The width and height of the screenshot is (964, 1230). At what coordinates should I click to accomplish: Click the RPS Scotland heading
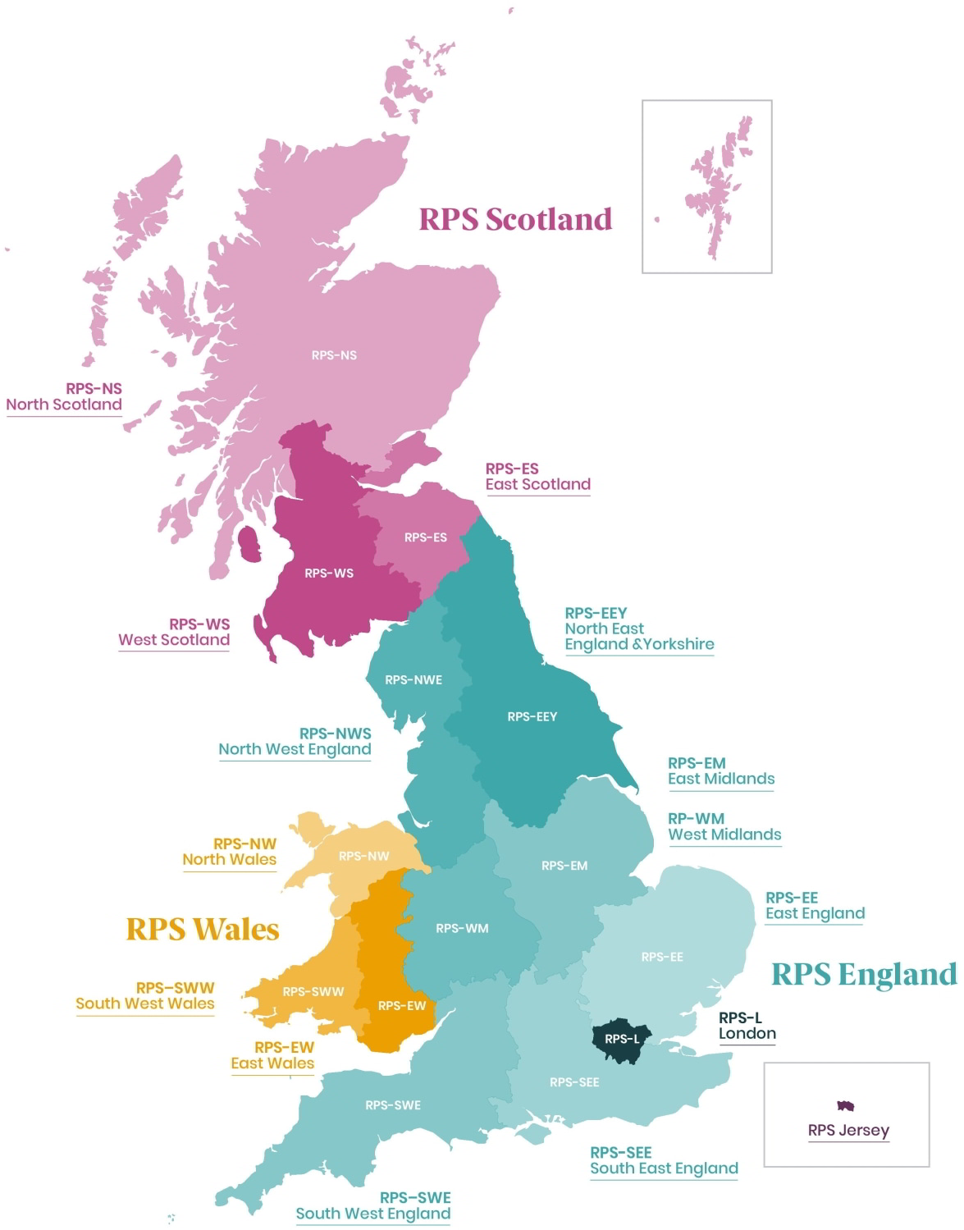pos(515,219)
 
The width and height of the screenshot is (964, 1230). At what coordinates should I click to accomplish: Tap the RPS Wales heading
pos(203,929)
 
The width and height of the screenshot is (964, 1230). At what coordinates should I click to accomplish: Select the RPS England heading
pos(864,974)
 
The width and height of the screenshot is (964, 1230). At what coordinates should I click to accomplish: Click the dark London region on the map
pos(621,1040)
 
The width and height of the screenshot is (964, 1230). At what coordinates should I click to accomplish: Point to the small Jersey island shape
pos(846,1106)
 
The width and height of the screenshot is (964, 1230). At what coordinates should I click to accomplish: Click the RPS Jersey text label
pos(848,1130)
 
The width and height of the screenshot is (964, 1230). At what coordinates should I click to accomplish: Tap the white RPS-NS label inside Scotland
pos(334,355)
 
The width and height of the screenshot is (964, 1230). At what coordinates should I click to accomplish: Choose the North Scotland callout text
pos(64,405)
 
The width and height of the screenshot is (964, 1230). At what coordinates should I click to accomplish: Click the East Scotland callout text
pos(537,484)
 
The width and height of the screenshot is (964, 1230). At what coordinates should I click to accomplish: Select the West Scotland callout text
pos(174,639)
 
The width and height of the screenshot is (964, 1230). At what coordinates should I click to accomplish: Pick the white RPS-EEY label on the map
pos(532,716)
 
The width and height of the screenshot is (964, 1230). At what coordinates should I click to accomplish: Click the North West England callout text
pos(295,748)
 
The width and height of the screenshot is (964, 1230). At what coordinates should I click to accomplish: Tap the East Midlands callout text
pos(721,778)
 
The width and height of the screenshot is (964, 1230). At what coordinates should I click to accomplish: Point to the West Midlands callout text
pos(724,834)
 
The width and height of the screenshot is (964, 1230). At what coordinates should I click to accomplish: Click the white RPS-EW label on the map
pos(401,1005)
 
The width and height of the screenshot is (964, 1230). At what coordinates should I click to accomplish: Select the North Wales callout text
pos(229,859)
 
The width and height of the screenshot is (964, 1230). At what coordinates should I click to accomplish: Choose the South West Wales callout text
pos(145,1003)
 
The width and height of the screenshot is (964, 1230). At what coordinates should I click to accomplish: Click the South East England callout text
pos(664,1168)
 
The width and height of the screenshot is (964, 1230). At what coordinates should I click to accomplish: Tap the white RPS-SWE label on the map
pos(393,1105)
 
